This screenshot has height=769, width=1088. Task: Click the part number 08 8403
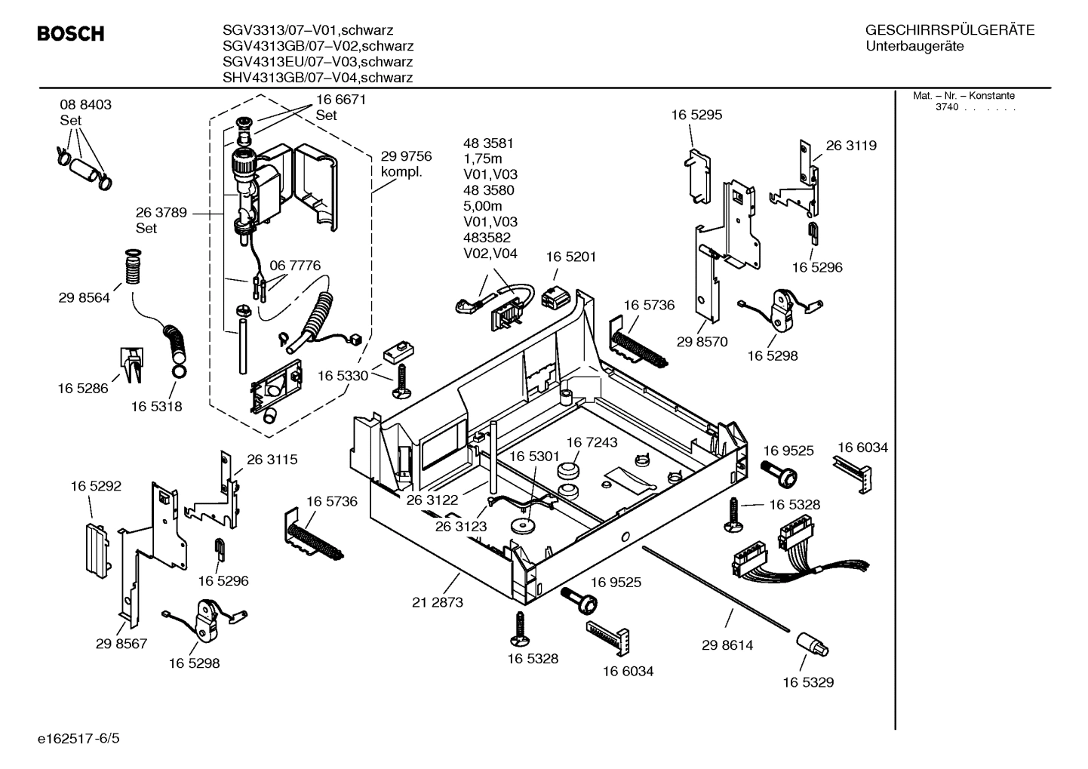[85, 105]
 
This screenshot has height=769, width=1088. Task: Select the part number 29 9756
[406, 156]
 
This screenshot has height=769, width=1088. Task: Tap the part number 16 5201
[570, 257]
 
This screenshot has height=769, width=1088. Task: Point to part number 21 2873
[438, 602]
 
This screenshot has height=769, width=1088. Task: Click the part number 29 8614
[727, 645]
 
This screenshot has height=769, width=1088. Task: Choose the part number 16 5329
[807, 682]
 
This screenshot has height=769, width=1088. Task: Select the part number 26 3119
[851, 146]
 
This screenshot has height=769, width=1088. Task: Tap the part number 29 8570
[702, 342]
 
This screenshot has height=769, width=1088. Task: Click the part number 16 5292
[96, 487]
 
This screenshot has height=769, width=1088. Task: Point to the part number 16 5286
[82, 389]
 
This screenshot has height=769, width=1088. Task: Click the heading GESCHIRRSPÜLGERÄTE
[949, 30]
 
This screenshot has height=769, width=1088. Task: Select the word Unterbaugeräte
[914, 47]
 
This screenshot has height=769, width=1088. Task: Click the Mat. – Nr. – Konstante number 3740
[946, 107]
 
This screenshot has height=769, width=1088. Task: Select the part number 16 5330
[343, 376]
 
